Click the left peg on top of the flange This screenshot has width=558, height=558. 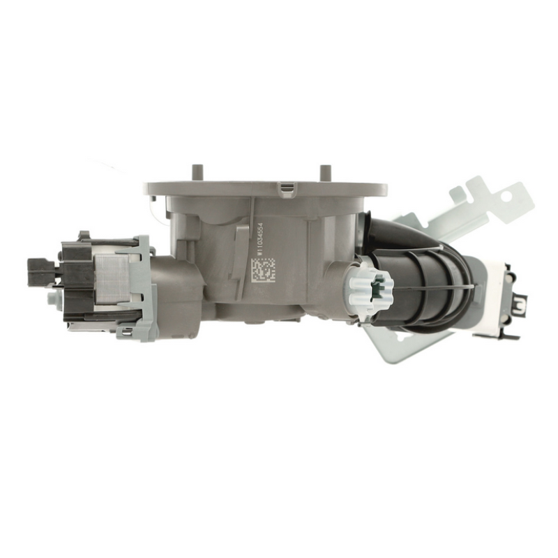click(197, 172)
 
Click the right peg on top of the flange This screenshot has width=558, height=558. click(324, 172)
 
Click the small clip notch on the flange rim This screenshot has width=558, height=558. click(285, 187)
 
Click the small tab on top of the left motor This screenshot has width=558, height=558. click(84, 236)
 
